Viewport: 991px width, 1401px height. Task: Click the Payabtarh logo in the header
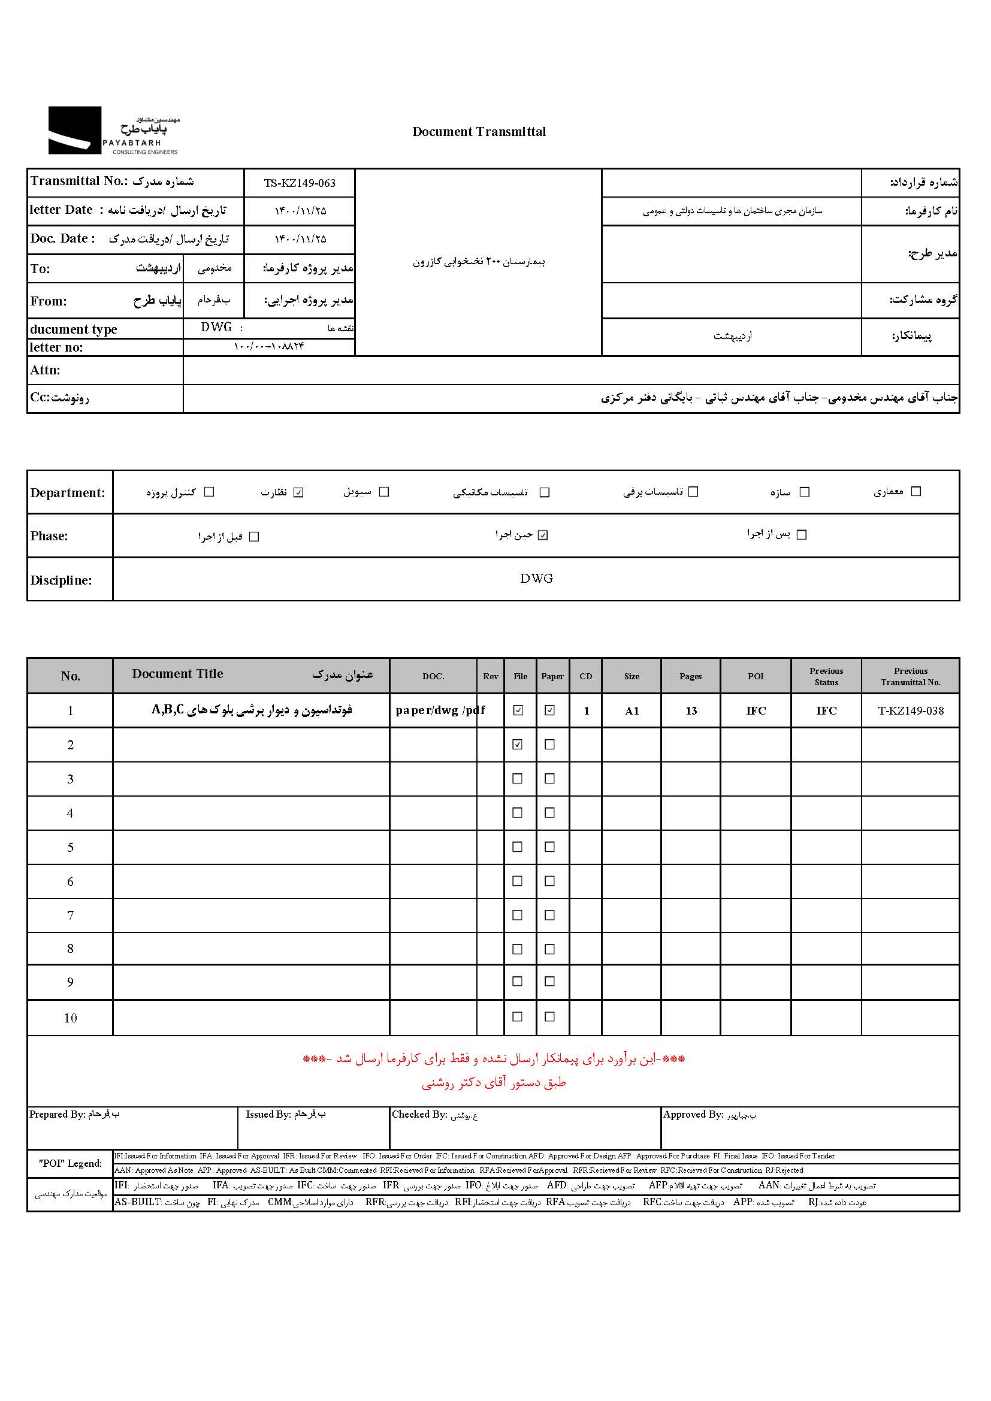click(113, 131)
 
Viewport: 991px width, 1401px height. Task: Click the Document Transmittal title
click(479, 132)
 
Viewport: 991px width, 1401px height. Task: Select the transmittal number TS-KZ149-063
click(300, 183)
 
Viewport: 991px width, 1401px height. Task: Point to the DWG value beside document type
click(217, 328)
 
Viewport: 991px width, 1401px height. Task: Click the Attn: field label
click(46, 370)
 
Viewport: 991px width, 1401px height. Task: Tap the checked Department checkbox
click(298, 492)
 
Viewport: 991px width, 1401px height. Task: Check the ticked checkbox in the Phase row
click(543, 535)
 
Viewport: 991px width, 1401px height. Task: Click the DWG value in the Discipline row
click(536, 579)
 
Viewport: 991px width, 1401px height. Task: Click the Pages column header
click(691, 676)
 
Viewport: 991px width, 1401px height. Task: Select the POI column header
click(756, 676)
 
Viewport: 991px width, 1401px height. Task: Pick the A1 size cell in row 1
click(632, 711)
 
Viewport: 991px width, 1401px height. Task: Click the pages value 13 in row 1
click(691, 711)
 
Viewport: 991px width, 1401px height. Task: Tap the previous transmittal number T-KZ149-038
click(911, 711)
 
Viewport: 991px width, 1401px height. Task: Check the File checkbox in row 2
click(518, 745)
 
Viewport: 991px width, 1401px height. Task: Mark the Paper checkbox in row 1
click(550, 710)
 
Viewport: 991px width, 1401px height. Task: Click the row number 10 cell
click(70, 1018)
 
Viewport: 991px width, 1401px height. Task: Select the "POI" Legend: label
click(70, 1163)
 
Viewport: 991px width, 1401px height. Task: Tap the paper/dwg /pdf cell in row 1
click(439, 710)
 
